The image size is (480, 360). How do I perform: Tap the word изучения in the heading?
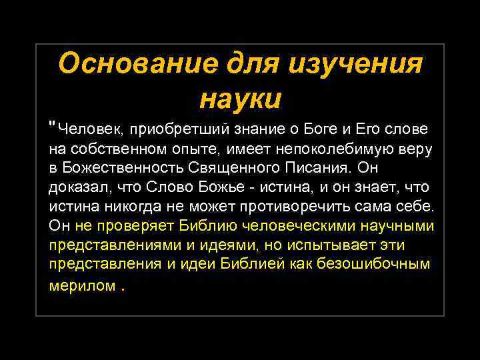(x=356, y=65)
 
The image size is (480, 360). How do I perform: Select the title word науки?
(x=240, y=98)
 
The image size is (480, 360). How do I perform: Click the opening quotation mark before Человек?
(x=53, y=125)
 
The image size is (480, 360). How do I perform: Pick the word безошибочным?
(x=382, y=264)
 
